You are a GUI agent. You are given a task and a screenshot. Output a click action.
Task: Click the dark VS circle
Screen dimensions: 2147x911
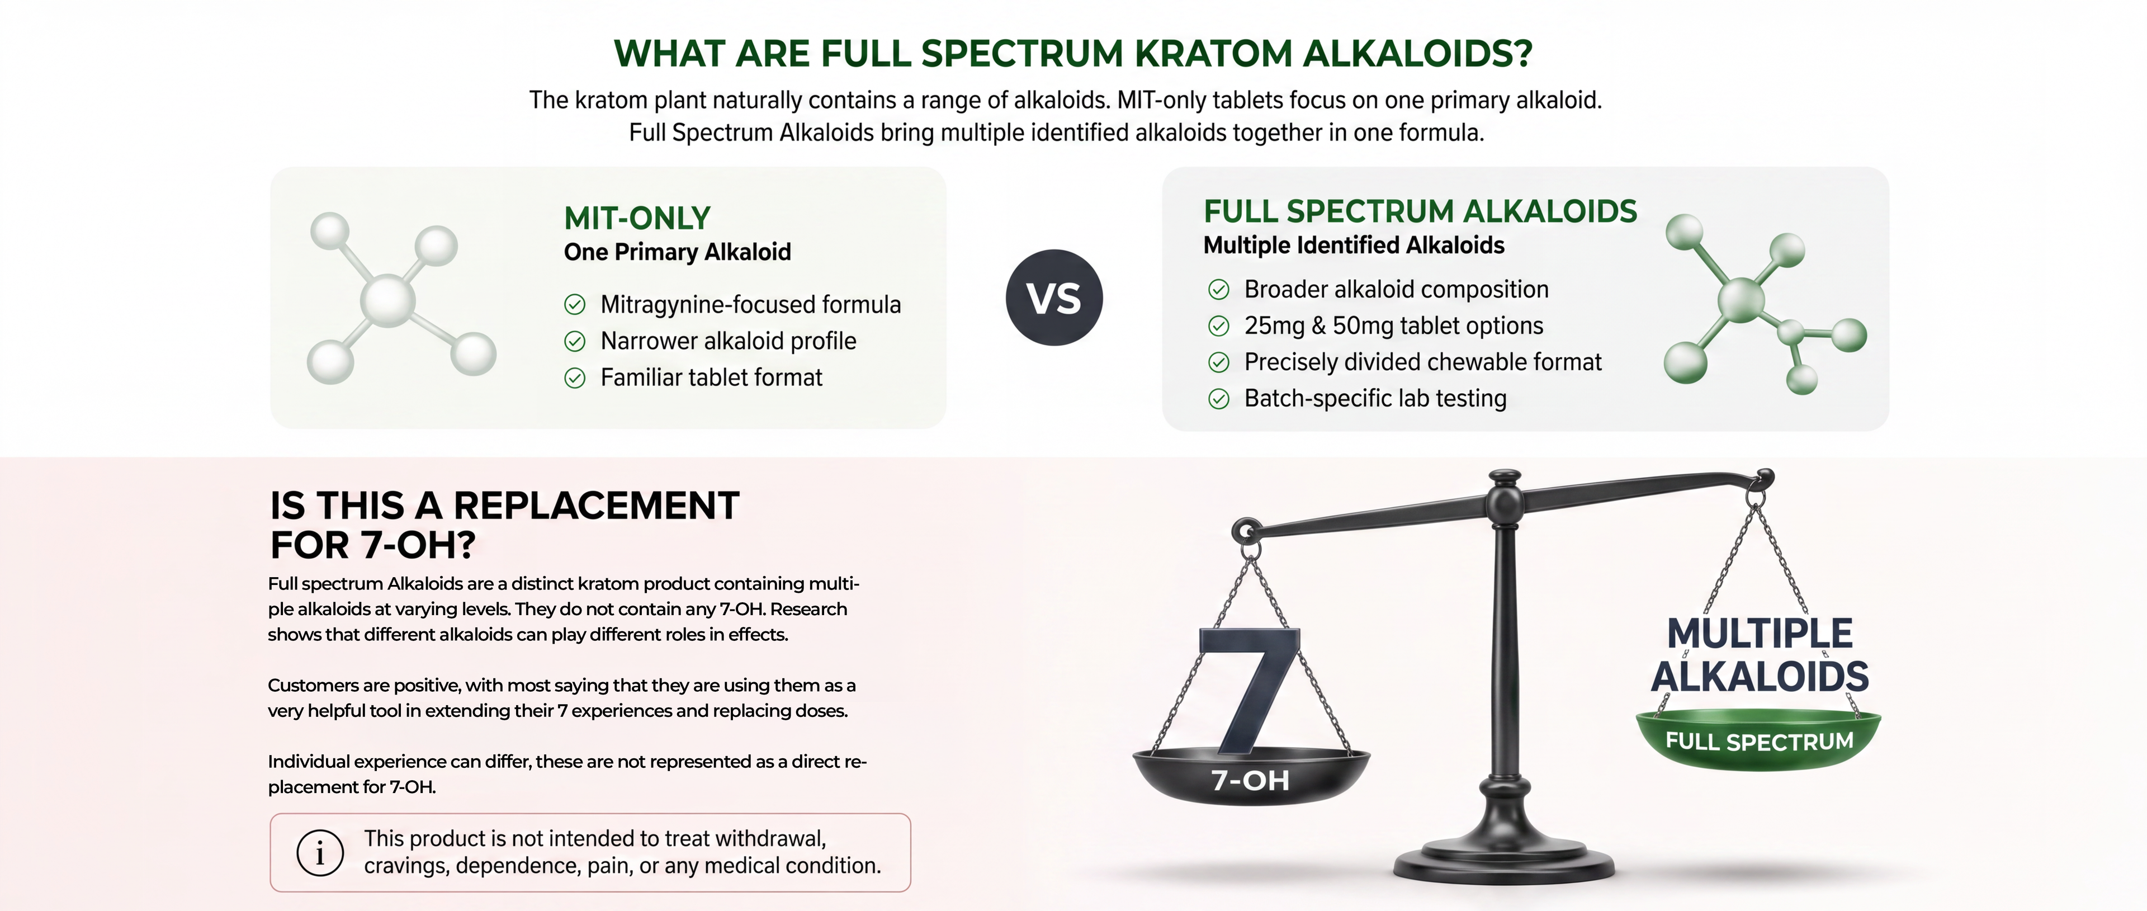pos(1054,298)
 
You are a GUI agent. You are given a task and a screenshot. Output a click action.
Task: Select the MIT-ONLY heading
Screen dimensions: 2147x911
pos(637,218)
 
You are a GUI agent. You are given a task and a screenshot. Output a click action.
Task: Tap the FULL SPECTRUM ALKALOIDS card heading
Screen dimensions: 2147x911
pos(1420,212)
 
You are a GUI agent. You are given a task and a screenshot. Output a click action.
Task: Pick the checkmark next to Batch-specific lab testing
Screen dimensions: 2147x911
pos(1218,399)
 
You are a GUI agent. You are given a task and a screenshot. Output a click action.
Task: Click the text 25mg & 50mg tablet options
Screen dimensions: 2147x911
pos(1393,326)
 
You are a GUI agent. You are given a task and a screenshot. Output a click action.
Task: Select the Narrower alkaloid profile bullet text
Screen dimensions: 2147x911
pos(729,341)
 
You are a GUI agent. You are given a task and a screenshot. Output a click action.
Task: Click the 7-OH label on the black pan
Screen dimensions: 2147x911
pos(1250,780)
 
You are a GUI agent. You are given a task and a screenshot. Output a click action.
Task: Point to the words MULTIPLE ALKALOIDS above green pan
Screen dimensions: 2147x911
pos(1760,654)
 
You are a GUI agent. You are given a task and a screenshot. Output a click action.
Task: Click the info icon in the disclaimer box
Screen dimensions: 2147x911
pos(320,853)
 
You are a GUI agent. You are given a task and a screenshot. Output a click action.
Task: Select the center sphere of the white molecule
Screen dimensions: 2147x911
pos(387,300)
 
